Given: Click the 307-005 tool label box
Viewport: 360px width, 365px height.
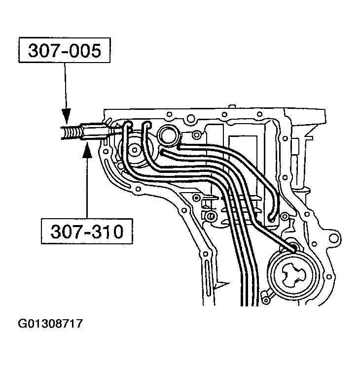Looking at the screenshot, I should point(65,51).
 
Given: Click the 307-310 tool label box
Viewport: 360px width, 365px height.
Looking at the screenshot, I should point(87,231).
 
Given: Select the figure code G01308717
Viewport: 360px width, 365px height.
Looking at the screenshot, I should point(50,325).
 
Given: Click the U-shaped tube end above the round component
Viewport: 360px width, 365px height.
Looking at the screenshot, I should point(272,216).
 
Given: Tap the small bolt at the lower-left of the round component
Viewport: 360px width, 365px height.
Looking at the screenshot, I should point(267,296).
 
